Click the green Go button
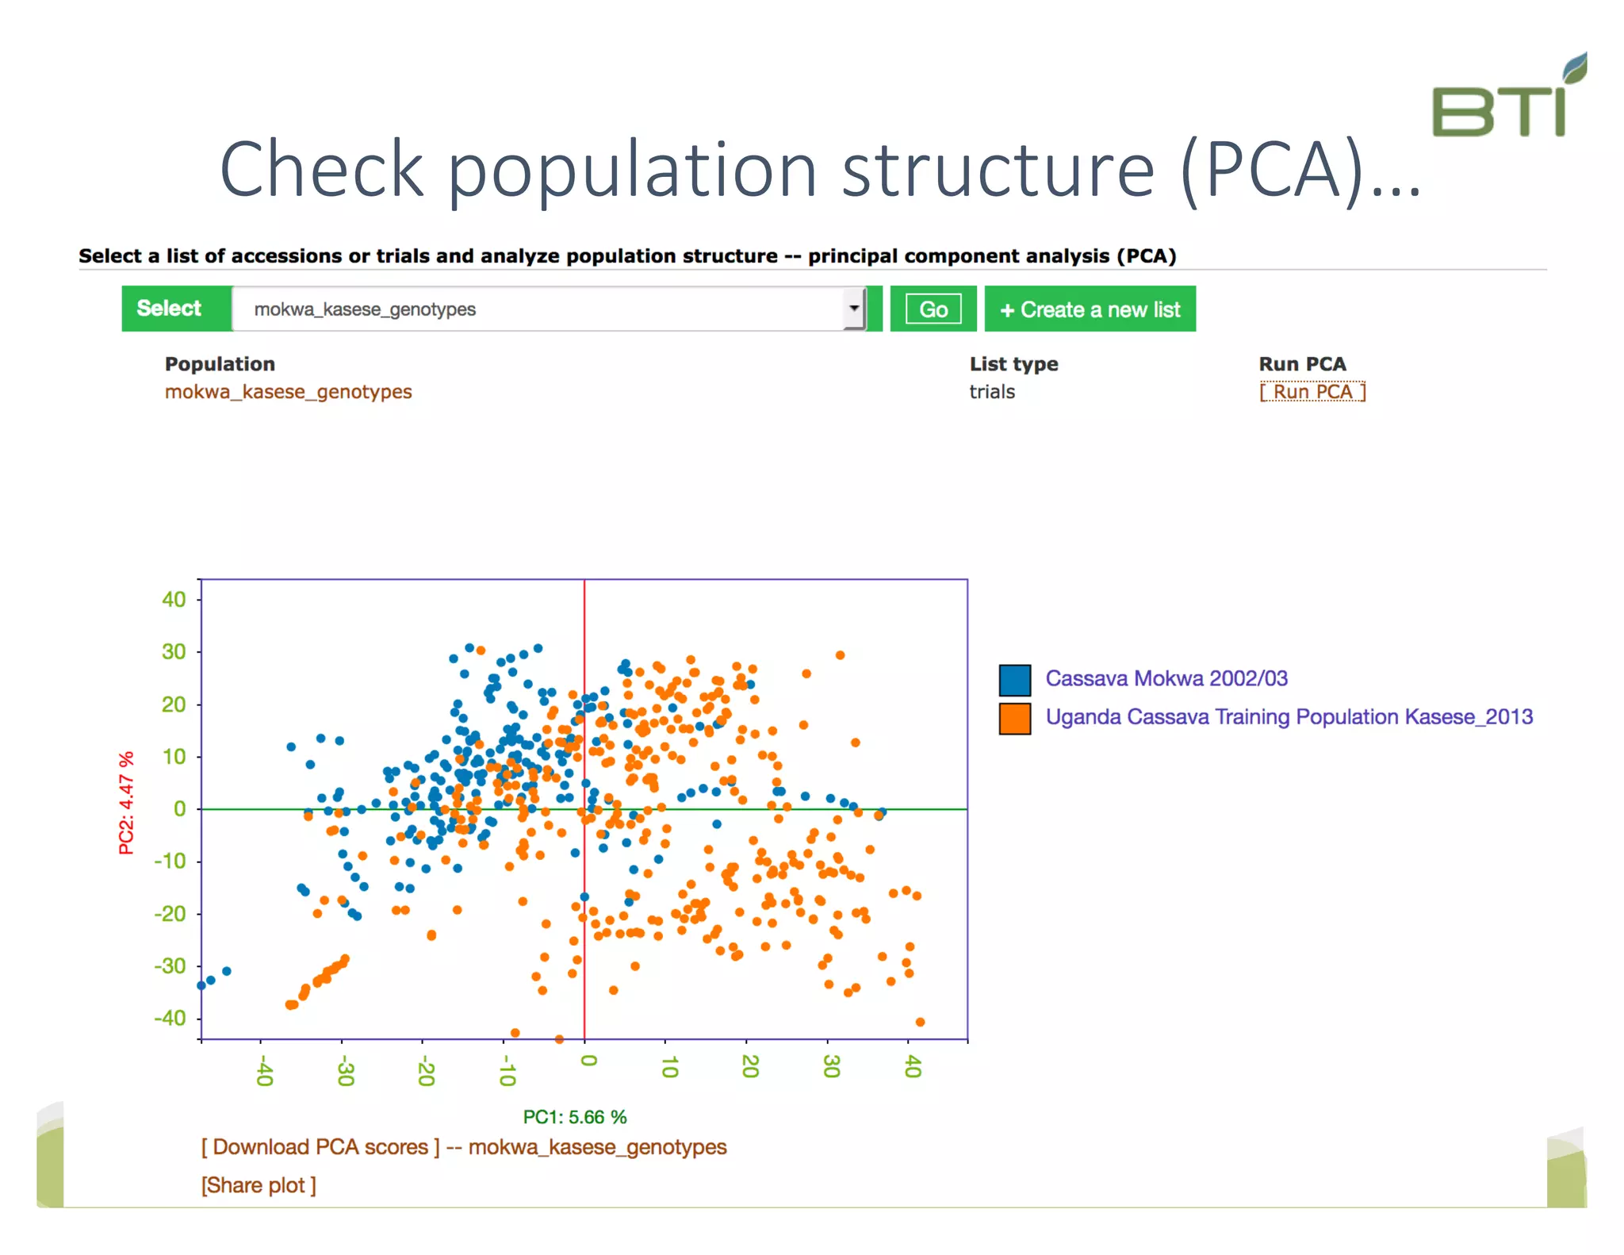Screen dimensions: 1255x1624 click(x=933, y=309)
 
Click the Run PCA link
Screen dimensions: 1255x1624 click(x=1312, y=392)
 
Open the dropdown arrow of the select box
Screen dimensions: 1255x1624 click(x=854, y=309)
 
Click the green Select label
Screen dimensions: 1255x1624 click(x=169, y=309)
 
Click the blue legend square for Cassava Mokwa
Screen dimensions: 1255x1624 click(x=1014, y=680)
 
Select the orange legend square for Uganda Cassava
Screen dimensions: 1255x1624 click(x=1014, y=719)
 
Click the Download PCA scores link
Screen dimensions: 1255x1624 click(x=320, y=1147)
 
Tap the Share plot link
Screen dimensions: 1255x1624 click(x=259, y=1185)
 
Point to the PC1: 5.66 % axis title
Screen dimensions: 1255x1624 click(x=575, y=1117)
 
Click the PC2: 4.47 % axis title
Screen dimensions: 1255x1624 click(x=126, y=803)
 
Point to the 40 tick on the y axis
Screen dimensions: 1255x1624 click(x=174, y=600)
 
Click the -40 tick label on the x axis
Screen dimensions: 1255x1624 click(x=264, y=1070)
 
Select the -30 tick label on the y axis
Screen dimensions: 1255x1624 click(x=170, y=966)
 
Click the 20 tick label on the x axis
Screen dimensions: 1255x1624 click(x=749, y=1067)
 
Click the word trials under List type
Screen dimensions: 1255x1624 click(x=992, y=392)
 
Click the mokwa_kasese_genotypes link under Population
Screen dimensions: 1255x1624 click(x=288, y=392)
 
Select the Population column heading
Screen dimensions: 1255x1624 click(x=220, y=364)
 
